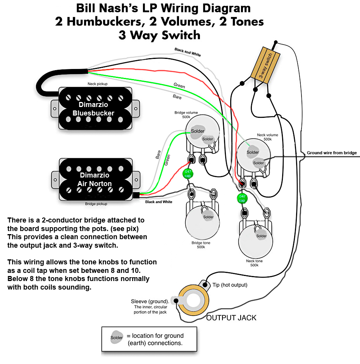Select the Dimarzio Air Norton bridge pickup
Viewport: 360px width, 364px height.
[x=95, y=179]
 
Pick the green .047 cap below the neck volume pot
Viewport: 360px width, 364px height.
[x=241, y=198]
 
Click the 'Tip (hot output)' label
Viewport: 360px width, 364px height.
[x=230, y=285]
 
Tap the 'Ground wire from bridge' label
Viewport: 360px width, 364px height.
[x=332, y=153]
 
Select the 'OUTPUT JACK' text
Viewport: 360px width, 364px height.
[x=231, y=318]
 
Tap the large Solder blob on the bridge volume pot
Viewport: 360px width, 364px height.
[x=197, y=131]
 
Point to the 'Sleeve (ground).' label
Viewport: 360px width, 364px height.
[x=150, y=301]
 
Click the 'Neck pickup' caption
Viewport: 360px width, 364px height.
[x=98, y=84]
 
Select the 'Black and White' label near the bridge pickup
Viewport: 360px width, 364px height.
[x=158, y=202]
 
